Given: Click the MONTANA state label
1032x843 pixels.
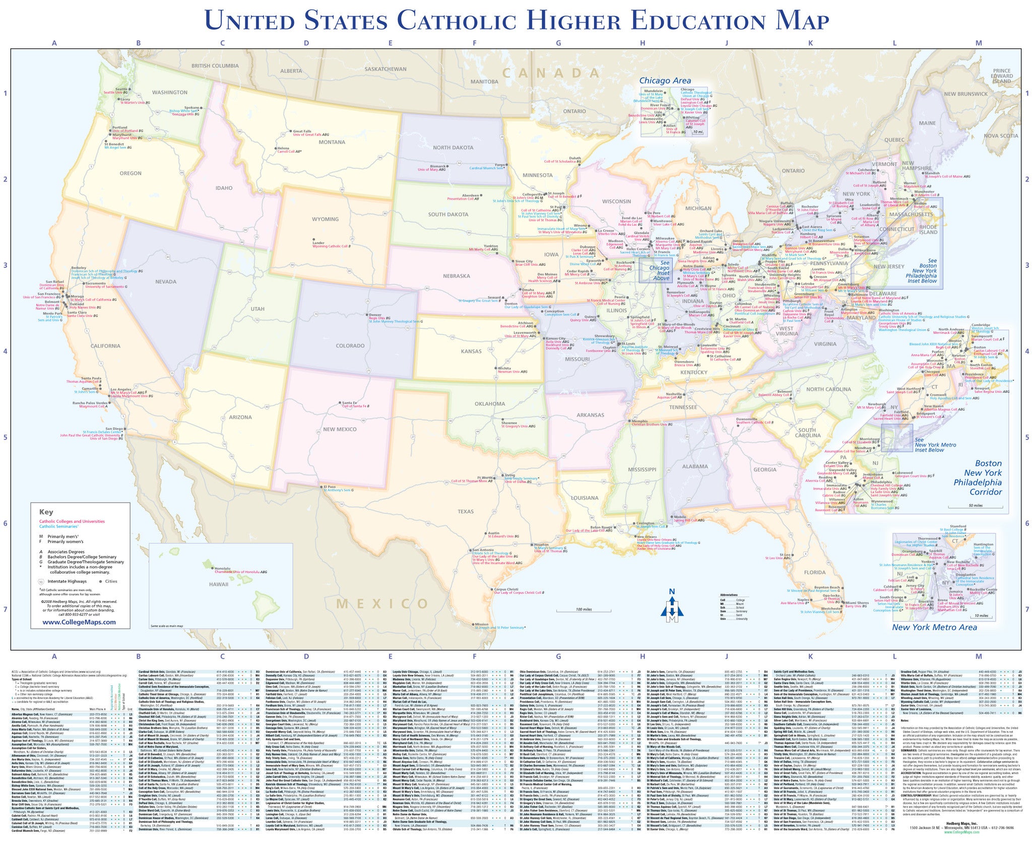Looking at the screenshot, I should tap(332, 142).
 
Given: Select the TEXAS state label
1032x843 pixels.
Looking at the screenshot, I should tap(466, 511).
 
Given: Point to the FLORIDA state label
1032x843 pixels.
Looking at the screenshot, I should tap(815, 572).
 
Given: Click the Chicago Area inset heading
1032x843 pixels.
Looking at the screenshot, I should tap(665, 80).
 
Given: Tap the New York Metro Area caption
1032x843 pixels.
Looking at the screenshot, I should tap(934, 627).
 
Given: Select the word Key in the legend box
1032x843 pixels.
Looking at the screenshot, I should tap(46, 512).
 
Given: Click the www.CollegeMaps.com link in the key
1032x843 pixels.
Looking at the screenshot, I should tap(79, 622).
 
